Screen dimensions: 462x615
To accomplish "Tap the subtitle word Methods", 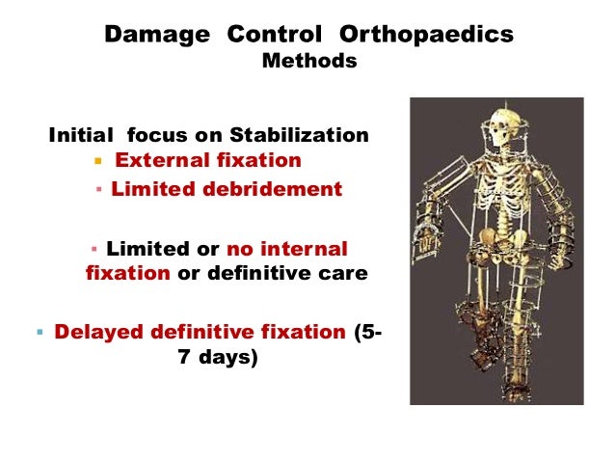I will click(x=308, y=62).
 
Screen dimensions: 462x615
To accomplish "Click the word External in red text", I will click(x=158, y=160).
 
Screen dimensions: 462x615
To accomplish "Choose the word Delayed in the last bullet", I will click(x=96, y=333).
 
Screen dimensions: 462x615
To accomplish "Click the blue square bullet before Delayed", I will click(x=39, y=334).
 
